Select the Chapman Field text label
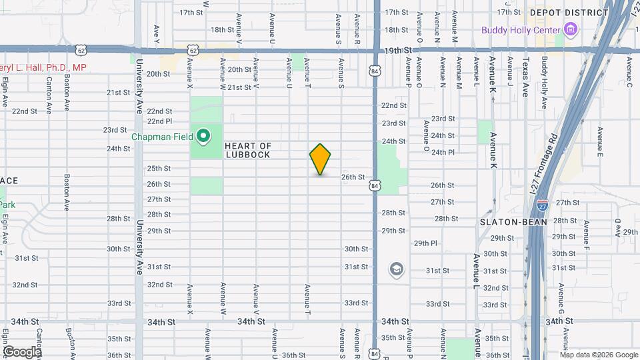[x=163, y=137]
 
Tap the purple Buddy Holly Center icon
[x=570, y=29]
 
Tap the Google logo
[x=21, y=351]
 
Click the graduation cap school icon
[x=397, y=269]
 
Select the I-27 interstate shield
[x=543, y=205]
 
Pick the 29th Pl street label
[x=425, y=243]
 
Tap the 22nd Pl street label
[x=159, y=121]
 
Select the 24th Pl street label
[x=443, y=152]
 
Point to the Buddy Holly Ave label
[x=544, y=83]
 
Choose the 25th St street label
[x=159, y=169]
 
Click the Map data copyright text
[x=598, y=354]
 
